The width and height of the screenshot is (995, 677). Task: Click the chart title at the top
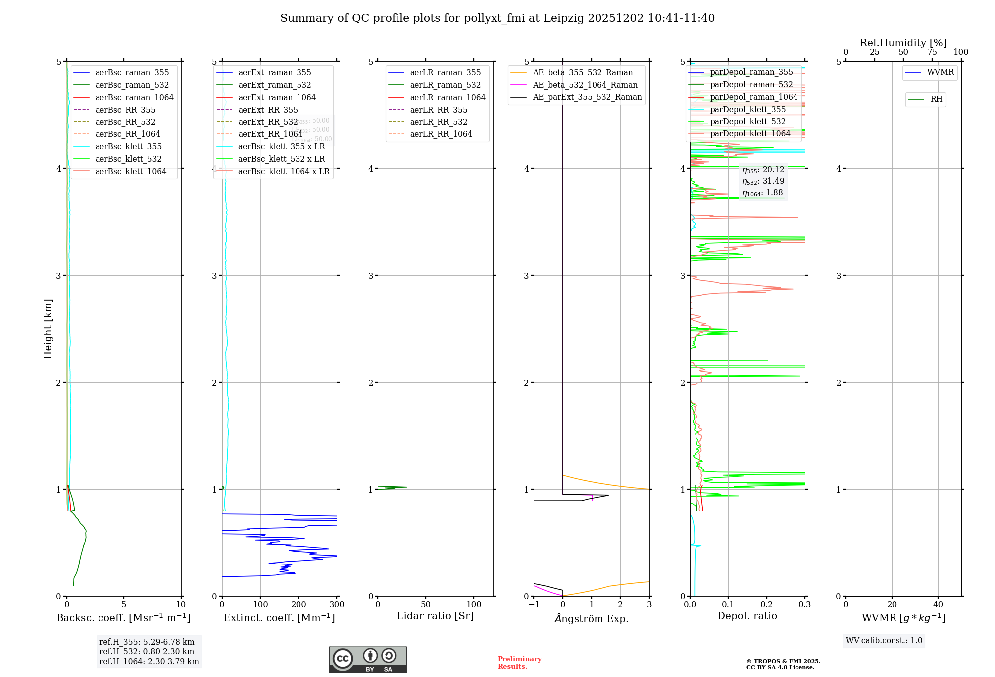click(497, 18)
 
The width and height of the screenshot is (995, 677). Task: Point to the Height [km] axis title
click(48, 329)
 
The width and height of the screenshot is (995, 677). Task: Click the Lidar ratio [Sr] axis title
click(435, 616)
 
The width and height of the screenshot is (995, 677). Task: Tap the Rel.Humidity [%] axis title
click(903, 43)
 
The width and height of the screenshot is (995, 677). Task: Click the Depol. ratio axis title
click(747, 616)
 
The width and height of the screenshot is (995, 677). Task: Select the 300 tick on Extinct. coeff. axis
click(337, 605)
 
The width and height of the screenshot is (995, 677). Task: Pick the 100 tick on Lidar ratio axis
click(474, 605)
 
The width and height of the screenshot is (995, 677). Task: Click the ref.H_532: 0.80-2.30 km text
click(147, 652)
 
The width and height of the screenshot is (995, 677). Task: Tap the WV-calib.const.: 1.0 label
click(884, 641)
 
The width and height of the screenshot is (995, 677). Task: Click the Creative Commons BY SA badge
click(368, 660)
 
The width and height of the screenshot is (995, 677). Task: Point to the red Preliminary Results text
click(519, 663)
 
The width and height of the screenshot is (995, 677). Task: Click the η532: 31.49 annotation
click(763, 181)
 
